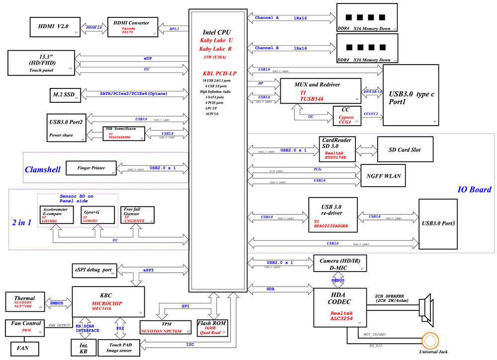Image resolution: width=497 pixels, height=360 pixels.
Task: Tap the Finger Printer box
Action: (x=91, y=168)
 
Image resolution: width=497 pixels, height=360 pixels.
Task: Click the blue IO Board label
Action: (x=474, y=189)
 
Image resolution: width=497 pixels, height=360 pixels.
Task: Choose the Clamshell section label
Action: (x=43, y=169)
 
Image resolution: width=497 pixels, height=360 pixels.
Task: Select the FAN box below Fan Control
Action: (x=22, y=348)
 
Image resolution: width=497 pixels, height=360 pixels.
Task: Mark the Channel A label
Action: (x=267, y=18)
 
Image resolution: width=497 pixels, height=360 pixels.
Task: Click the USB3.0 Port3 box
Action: (x=437, y=223)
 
